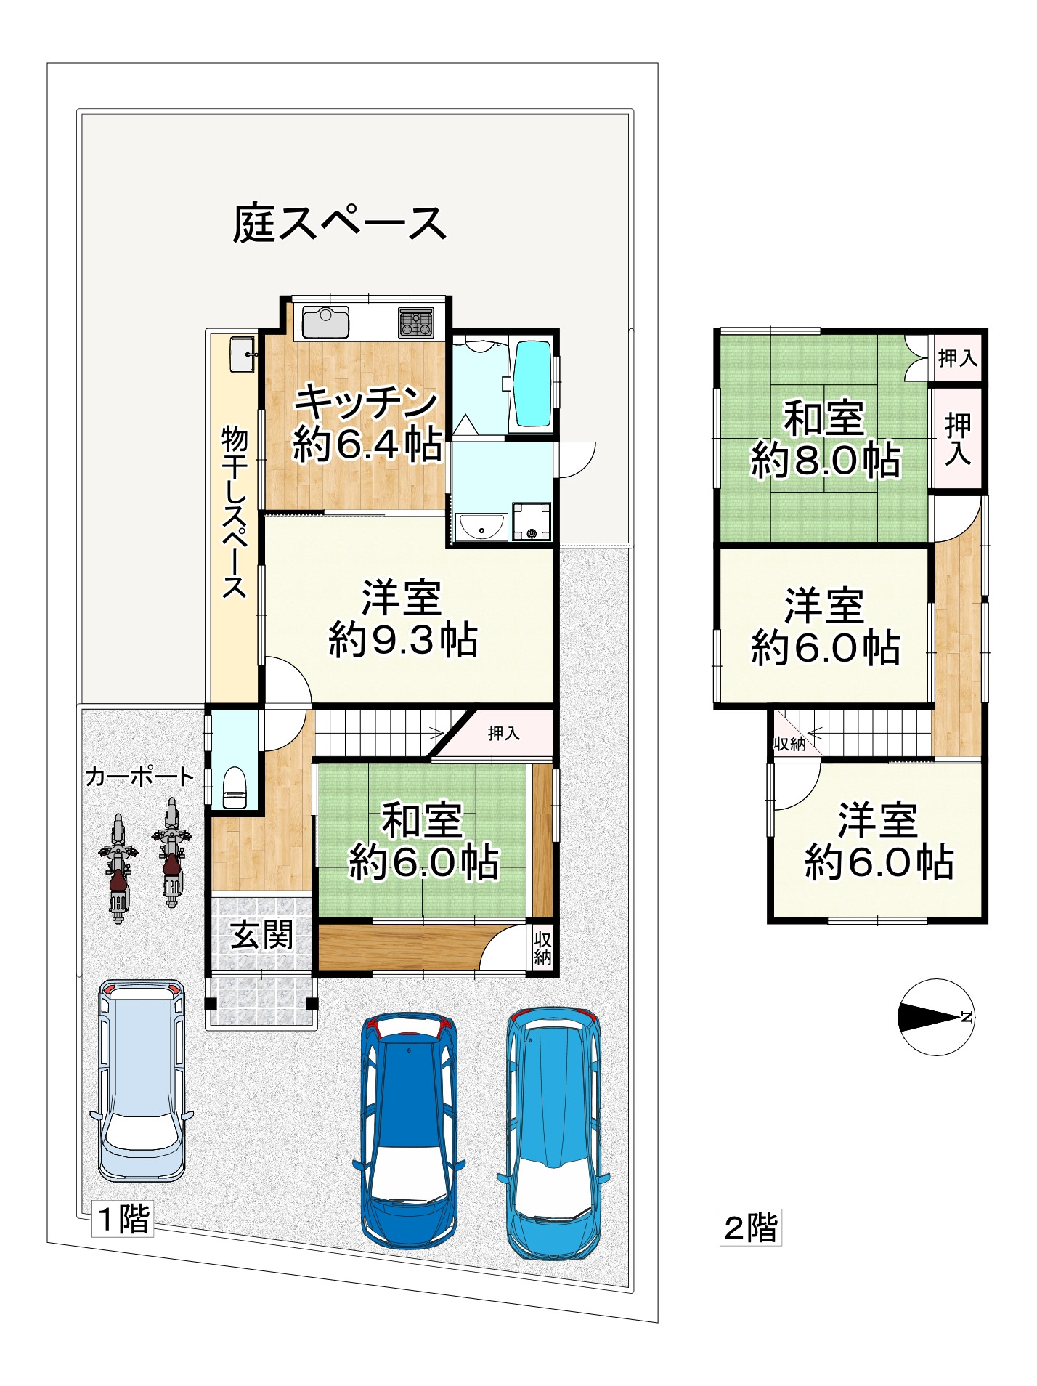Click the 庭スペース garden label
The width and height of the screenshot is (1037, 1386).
point(338,224)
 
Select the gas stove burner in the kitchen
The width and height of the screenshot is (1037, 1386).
point(416,323)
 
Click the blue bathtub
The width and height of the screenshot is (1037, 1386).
point(532,384)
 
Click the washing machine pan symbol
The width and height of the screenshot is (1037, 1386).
point(532,522)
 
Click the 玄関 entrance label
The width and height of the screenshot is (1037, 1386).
point(261,935)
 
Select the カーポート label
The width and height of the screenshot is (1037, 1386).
point(139,777)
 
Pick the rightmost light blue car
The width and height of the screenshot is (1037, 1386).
point(553,1130)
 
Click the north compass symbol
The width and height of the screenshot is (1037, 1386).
point(936,1016)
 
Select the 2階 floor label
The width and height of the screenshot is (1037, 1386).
point(750,1228)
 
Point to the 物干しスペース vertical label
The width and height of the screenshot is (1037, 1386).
point(235,513)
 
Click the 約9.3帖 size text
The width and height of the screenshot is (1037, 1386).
point(403,641)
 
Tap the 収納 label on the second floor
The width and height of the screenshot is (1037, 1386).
point(789,744)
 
